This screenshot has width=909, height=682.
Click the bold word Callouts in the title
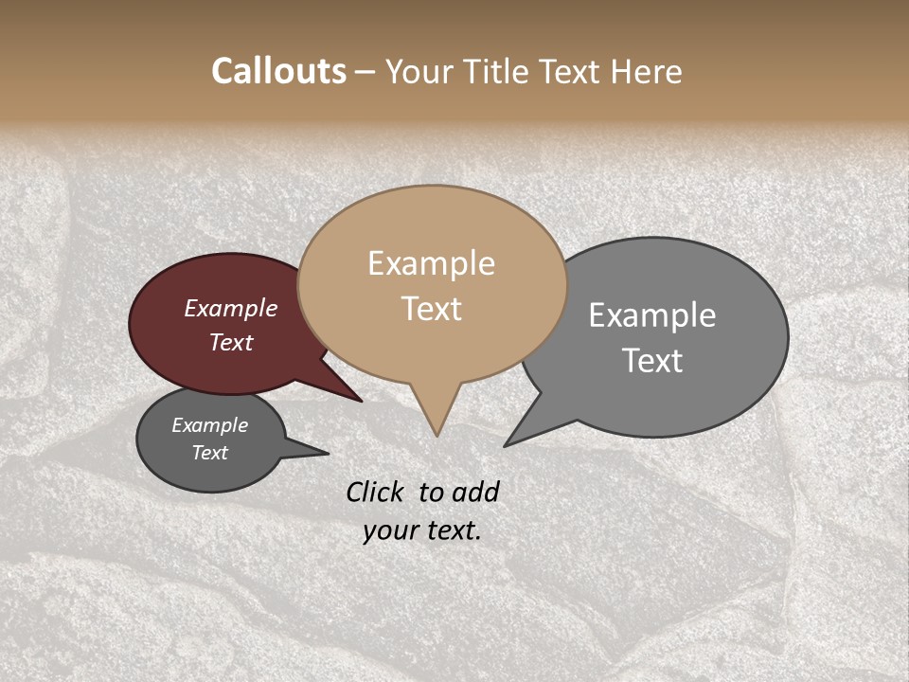(x=278, y=71)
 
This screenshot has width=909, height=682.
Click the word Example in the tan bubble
(x=431, y=263)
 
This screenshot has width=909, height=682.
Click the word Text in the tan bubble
(x=431, y=309)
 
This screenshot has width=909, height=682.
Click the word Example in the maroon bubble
(x=230, y=309)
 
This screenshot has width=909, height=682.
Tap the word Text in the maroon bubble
(x=230, y=342)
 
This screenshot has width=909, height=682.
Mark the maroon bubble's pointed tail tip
(x=361, y=401)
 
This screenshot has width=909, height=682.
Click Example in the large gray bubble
(x=652, y=315)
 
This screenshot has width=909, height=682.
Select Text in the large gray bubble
(x=652, y=361)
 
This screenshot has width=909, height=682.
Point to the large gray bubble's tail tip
(x=506, y=445)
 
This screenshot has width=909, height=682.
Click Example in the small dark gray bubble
(x=209, y=425)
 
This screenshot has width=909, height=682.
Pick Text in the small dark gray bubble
(x=209, y=453)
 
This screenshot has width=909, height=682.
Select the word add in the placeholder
(x=475, y=492)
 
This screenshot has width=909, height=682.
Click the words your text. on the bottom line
(x=422, y=530)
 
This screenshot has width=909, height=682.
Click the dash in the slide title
(x=365, y=72)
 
